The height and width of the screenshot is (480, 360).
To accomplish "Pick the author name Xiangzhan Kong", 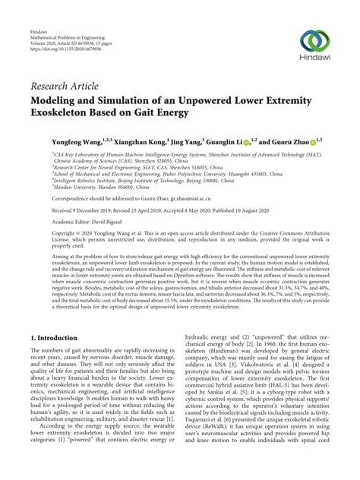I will click(x=125, y=142).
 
